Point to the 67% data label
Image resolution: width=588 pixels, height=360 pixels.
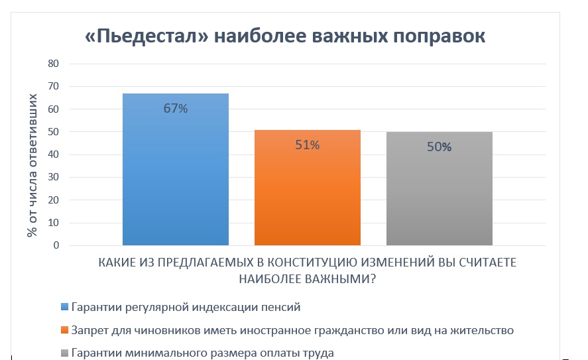coord(176,109)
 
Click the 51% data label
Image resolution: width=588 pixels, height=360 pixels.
coord(308,145)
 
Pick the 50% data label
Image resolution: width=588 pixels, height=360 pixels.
coord(439,147)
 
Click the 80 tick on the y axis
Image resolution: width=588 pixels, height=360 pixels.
coord(54,64)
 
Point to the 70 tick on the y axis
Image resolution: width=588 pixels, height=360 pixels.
coord(54,86)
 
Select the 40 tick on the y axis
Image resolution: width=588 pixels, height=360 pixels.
coord(54,154)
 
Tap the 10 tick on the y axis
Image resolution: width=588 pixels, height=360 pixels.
coord(54,223)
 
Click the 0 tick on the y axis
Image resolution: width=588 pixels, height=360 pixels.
coord(56,245)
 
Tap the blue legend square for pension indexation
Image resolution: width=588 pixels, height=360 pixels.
coord(64,307)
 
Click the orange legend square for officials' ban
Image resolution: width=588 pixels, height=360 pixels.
coord(64,330)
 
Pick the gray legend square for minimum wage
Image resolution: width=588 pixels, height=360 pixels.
coord(64,353)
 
